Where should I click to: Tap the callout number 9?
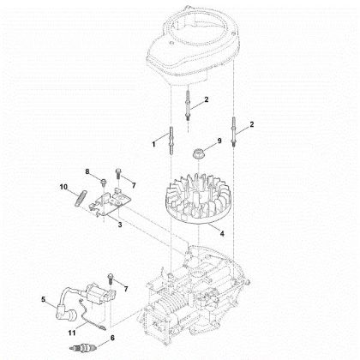pos(219,141)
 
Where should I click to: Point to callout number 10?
pos(63,187)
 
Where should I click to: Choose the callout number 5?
pos(42,299)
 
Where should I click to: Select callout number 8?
pos(87,173)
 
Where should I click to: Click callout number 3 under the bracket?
pos(118,225)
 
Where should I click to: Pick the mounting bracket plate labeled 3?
pos(113,203)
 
